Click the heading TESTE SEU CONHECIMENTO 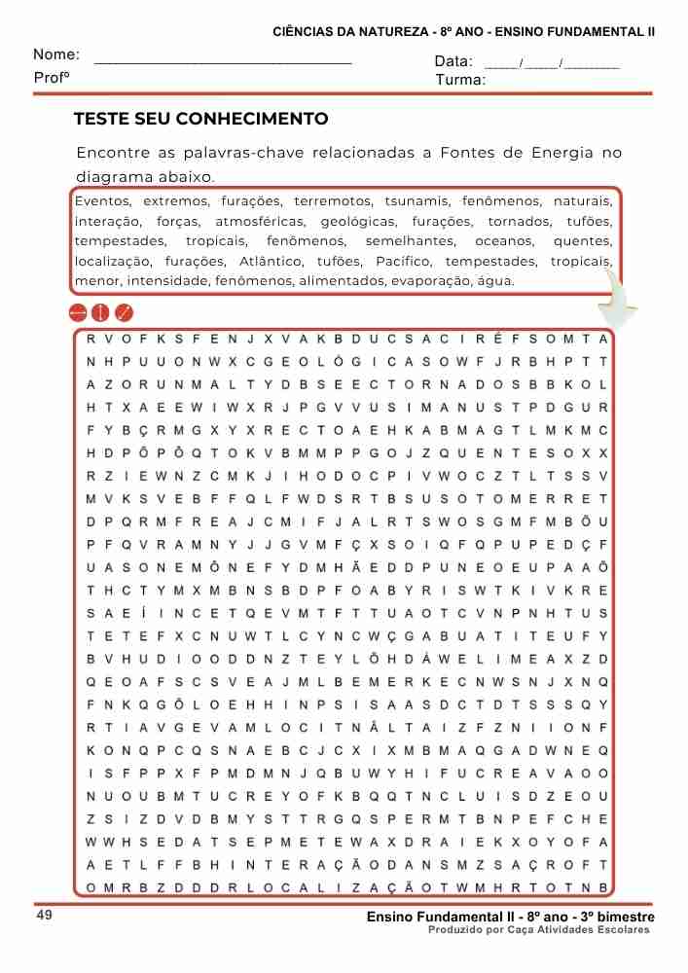[201, 120]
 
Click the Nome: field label [56, 55]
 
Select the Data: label [453, 61]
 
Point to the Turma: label [460, 80]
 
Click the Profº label [52, 77]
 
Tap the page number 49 [45, 917]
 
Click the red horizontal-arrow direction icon [78, 313]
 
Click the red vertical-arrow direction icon [100, 313]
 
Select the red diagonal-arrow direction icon [124, 313]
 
